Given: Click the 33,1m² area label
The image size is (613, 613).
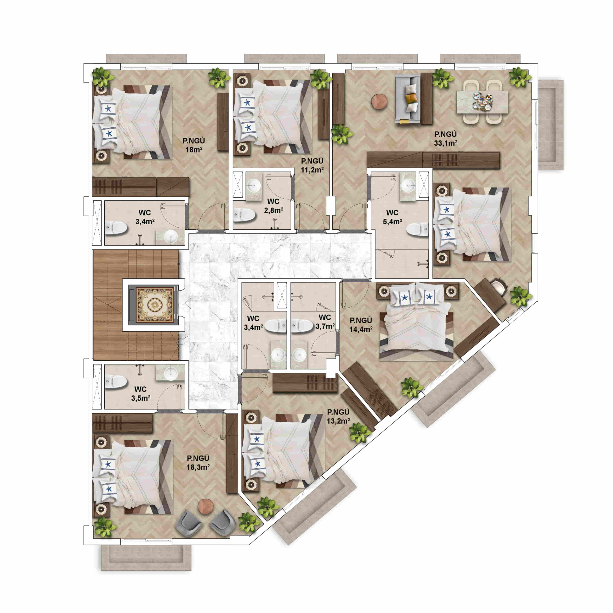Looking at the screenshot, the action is (x=445, y=139).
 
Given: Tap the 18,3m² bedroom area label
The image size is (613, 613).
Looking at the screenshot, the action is (x=198, y=463).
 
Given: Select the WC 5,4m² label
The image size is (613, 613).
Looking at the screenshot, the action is (x=392, y=217).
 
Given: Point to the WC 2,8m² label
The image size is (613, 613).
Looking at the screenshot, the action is (x=273, y=206).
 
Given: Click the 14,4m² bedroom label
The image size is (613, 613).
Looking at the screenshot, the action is (x=361, y=325).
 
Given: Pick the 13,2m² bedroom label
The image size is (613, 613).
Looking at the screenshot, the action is (x=338, y=416).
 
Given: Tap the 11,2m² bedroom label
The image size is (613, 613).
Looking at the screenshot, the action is (x=312, y=165).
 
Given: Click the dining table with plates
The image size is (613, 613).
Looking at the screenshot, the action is (x=482, y=102).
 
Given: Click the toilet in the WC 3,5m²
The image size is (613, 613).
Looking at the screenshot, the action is (x=116, y=382).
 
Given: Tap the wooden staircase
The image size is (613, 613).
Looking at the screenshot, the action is (x=136, y=305).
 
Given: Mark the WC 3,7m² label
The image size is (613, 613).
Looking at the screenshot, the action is (x=325, y=322).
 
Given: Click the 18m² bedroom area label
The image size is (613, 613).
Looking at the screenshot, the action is (x=194, y=145).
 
